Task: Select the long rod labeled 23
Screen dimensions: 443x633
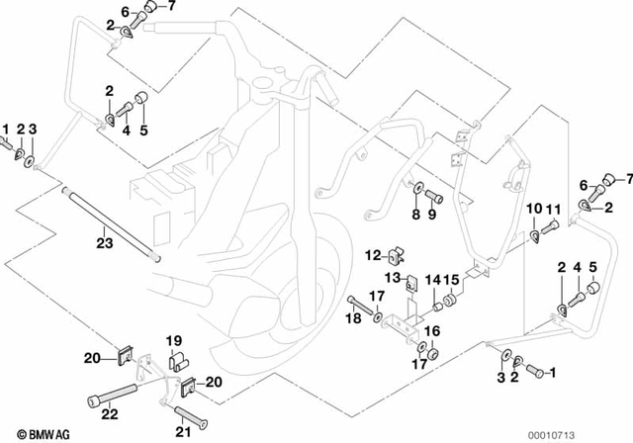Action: click(110, 223)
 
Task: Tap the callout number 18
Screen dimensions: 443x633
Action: click(352, 318)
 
